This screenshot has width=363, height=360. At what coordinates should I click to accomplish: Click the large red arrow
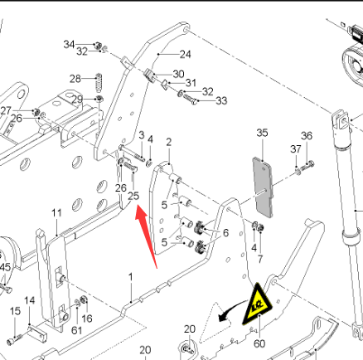pyautogui.click(x=146, y=236)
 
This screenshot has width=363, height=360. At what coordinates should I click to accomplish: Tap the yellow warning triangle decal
pyautogui.click(x=257, y=304)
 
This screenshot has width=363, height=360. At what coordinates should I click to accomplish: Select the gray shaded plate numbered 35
pyautogui.click(x=263, y=187)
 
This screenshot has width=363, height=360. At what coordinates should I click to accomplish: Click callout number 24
pyautogui.click(x=186, y=55)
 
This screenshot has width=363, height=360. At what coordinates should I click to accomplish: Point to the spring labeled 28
pyautogui.click(x=99, y=83)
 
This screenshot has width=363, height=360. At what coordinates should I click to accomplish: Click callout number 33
pyautogui.click(x=221, y=101)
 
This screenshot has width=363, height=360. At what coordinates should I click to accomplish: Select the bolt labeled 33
pyautogui.click(x=190, y=100)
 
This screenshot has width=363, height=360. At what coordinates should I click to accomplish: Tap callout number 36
pyautogui.click(x=307, y=136)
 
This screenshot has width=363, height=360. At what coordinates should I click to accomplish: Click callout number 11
pyautogui.click(x=56, y=213)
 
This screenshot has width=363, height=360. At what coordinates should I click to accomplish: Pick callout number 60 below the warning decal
pyautogui.click(x=259, y=343)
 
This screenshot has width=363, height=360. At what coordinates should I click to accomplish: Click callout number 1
pyautogui.click(x=131, y=277)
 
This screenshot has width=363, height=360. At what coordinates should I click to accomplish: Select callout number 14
pyautogui.click(x=30, y=300)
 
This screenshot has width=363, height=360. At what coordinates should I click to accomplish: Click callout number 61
pyautogui.click(x=76, y=330)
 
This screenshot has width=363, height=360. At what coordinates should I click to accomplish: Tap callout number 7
pyautogui.click(x=260, y=260)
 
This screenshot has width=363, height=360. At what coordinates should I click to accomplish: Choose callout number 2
pyautogui.click(x=169, y=142)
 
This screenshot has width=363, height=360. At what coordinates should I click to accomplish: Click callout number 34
pyautogui.click(x=69, y=44)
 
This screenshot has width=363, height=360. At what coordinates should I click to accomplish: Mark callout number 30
pyautogui.click(x=178, y=74)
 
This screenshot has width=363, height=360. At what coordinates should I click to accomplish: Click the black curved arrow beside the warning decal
pyautogui.click(x=231, y=310)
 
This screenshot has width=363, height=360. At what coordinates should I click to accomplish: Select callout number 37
pyautogui.click(x=296, y=149)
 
